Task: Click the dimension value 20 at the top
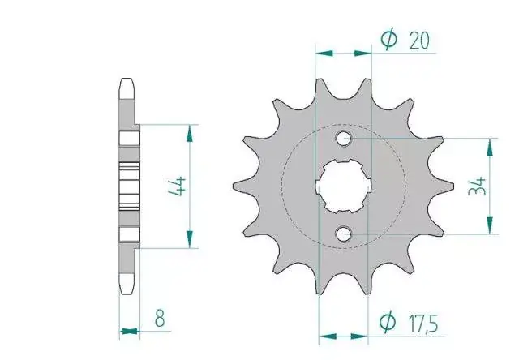(x=419, y=41)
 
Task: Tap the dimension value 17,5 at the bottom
(x=423, y=324)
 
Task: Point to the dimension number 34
(x=477, y=186)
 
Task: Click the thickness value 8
(x=160, y=318)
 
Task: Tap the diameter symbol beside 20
(x=389, y=38)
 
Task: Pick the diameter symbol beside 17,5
(x=387, y=321)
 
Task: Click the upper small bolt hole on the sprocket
(x=344, y=138)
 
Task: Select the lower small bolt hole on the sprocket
(x=344, y=234)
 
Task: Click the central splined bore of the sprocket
(x=343, y=186)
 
